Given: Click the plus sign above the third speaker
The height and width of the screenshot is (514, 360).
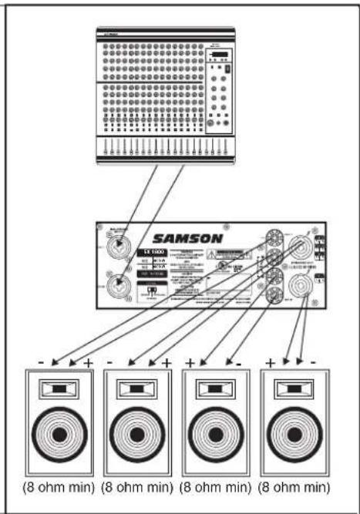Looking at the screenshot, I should point(190,362).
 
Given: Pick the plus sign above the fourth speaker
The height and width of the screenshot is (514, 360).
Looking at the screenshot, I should point(271,362).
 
